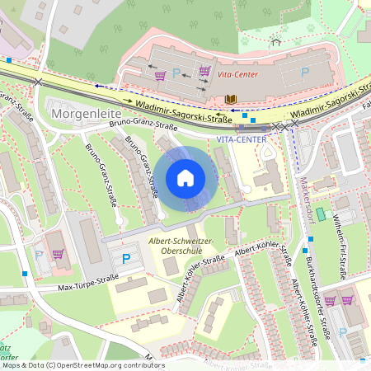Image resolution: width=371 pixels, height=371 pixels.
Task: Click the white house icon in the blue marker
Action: coord(185,177)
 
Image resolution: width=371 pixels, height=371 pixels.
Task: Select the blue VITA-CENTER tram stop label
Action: coord(242,139)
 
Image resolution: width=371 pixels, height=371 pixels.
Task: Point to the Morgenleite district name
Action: coord(86,111)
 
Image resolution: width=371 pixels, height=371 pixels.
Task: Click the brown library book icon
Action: coord(231,100)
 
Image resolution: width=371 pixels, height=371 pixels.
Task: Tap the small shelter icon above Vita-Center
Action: coord(275,40)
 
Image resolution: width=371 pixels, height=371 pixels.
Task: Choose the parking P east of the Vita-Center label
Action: coord(304,73)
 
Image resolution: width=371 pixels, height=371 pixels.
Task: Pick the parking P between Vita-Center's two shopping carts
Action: coord(176,74)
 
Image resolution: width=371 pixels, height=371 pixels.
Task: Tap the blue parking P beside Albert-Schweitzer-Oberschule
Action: coord(126,258)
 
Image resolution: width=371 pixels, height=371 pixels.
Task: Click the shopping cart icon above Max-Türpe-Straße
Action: coord(58,253)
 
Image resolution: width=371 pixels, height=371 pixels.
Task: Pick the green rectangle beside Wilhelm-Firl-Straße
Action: coord(321,214)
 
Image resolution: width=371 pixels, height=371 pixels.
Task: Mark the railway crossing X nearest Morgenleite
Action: coord(38,82)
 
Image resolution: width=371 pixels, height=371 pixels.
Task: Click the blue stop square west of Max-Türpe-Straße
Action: coord(26,273)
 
